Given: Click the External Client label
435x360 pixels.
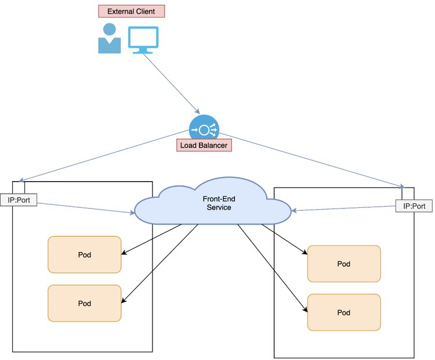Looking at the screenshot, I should pos(131,11).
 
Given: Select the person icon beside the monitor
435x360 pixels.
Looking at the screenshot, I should pos(109,39).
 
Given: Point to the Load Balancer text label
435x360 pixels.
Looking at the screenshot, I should pos(204,145).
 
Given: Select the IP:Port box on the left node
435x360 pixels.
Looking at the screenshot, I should pos(19,200).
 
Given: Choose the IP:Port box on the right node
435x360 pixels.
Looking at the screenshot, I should pos(414,206).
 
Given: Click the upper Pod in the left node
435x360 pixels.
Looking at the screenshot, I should pos(85,254).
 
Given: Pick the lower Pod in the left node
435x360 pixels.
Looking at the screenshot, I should pos(85,303).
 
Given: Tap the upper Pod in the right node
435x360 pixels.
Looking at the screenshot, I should pos(344,264).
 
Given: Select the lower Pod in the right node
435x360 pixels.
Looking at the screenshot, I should pos(344,312).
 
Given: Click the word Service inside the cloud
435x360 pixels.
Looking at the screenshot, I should pos(219,207).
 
